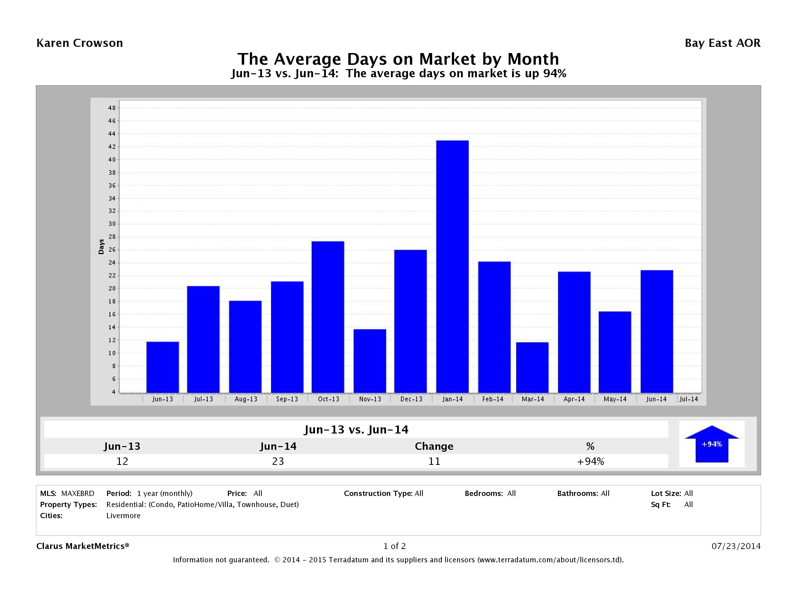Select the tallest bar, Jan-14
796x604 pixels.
[452, 266]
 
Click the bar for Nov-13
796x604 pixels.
[370, 361]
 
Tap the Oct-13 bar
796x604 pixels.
[328, 317]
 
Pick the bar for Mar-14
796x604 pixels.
[532, 367]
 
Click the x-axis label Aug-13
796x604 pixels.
[246, 399]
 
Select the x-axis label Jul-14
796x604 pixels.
[688, 399]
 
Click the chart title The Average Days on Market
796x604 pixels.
[398, 59]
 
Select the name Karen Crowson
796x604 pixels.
[79, 43]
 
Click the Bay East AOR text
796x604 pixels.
[722, 43]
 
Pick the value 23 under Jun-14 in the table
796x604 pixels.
[278, 461]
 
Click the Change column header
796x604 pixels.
[434, 446]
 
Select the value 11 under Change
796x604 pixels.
[434, 461]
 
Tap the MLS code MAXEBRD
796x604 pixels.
[78, 493]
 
